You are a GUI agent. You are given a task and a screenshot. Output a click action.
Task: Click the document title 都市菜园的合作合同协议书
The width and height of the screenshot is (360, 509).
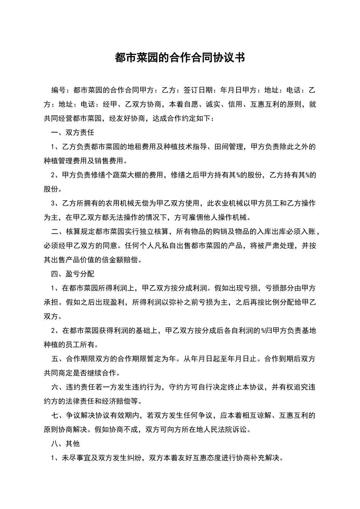pyautogui.click(x=180, y=58)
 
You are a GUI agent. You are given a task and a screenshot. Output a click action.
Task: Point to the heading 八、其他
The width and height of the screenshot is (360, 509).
pyautogui.click(x=66, y=443)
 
